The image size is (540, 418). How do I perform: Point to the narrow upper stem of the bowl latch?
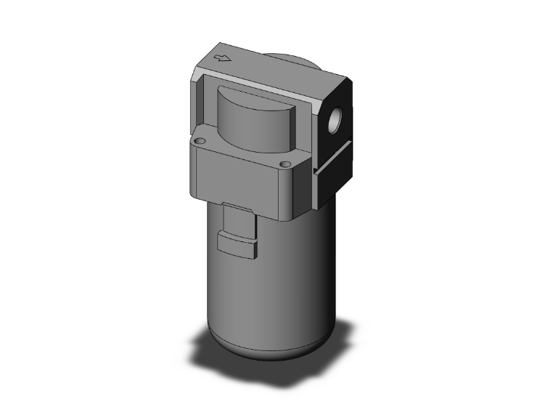click(x=237, y=218)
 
